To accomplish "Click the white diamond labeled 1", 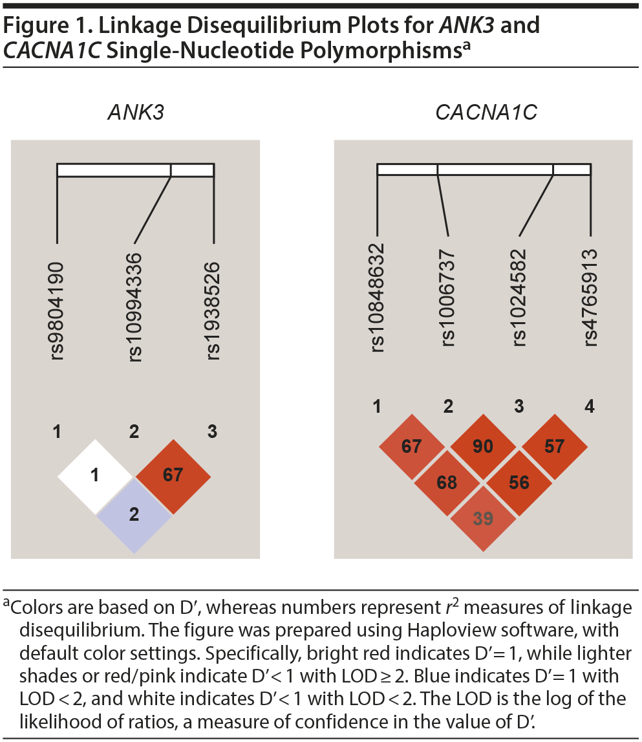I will [x=95, y=477].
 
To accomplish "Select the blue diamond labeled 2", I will [x=134, y=516].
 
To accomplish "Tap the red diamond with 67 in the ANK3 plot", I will [x=173, y=475].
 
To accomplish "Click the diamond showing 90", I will [x=483, y=446].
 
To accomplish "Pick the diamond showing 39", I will [x=483, y=518].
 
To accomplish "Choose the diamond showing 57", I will [x=554, y=446].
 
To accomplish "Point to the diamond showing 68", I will [x=447, y=483].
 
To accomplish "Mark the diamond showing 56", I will [x=519, y=483].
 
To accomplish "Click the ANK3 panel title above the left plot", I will [x=135, y=113].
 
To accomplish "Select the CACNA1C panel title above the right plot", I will [x=486, y=113].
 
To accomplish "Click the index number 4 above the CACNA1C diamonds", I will [x=588, y=406].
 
